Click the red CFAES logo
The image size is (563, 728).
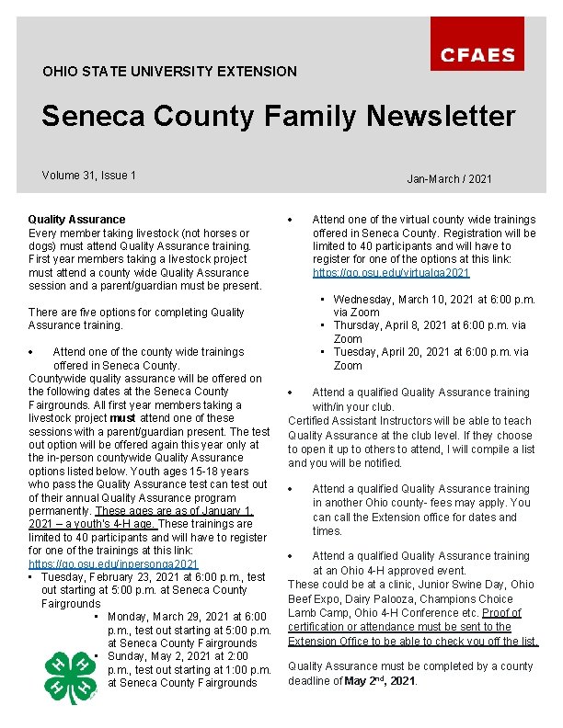coord(489,43)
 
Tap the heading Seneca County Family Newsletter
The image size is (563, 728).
coord(278,117)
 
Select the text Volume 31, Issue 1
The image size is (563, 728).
coord(89,175)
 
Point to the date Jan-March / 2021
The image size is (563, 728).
coord(449,178)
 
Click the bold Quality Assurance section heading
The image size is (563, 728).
coord(76,220)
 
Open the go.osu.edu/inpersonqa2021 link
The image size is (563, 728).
coord(113,563)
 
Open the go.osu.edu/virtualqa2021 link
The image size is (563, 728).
coord(391,273)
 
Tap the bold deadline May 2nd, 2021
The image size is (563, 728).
coord(379,681)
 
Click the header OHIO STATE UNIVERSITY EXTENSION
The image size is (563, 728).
coord(169,71)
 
